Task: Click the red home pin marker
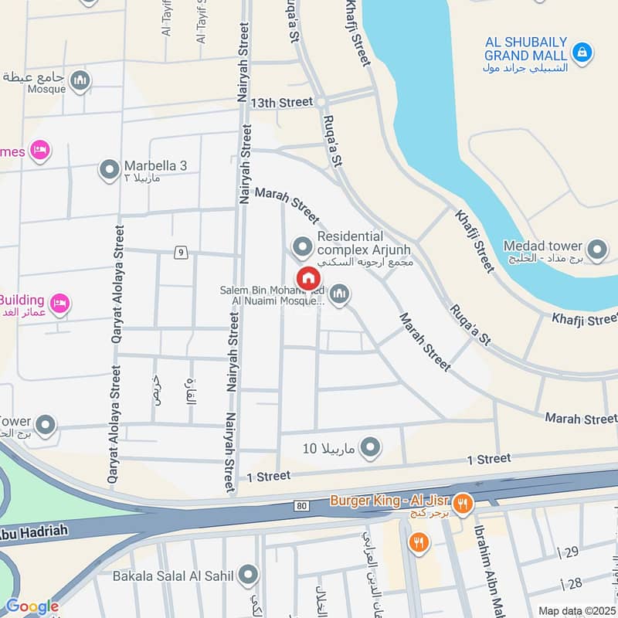(x=307, y=277)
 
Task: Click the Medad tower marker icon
(x=596, y=250)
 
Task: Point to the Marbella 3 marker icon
(x=110, y=168)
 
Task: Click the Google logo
(x=32, y=607)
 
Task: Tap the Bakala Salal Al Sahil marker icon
(x=248, y=574)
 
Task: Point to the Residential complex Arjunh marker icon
(x=302, y=248)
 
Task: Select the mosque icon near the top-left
(x=80, y=80)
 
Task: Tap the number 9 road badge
(x=180, y=252)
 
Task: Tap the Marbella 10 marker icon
(x=372, y=447)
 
